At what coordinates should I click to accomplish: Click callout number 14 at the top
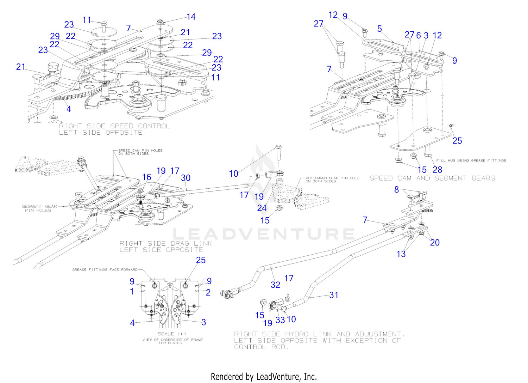tap(191, 17)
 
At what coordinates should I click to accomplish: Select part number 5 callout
tap(379, 29)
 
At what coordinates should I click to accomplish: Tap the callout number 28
tap(437, 170)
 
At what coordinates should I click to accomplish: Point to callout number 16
tap(146, 177)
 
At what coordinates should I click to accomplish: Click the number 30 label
tap(186, 178)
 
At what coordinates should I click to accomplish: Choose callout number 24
tap(262, 208)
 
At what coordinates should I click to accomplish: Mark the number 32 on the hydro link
tap(275, 285)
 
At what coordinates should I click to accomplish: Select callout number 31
tap(334, 295)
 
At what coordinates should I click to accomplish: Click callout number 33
tap(280, 320)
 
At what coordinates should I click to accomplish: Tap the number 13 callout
tap(401, 254)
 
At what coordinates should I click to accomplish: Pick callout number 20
tap(435, 242)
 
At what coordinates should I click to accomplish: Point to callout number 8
tap(396, 189)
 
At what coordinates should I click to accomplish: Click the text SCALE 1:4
tap(172, 334)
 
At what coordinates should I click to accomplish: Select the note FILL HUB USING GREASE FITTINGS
tap(471, 160)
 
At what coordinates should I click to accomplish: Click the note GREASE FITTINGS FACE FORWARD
tap(105, 270)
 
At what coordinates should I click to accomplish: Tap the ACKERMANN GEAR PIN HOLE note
tap(332, 180)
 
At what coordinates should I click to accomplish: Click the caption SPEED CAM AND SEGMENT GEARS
tap(432, 178)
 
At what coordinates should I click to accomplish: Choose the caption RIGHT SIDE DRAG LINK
tap(165, 243)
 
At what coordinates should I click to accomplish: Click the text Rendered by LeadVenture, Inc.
tap(264, 377)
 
